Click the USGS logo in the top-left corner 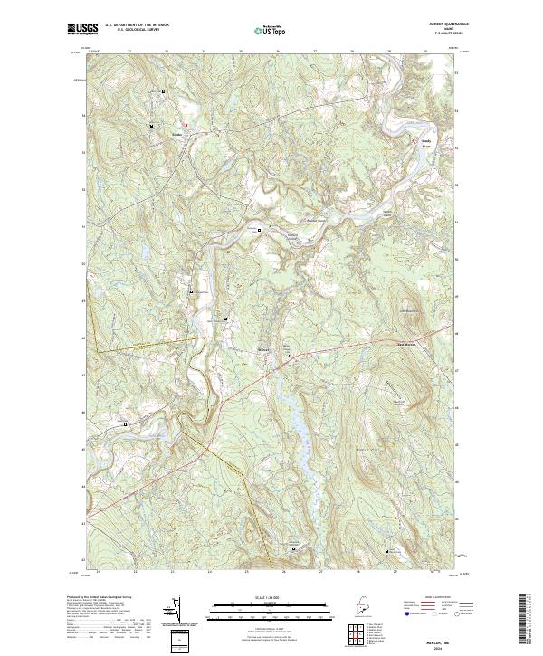click(82, 29)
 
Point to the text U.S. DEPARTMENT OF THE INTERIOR click(137, 25)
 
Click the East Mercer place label click(408, 343)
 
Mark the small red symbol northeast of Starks click(186, 124)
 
